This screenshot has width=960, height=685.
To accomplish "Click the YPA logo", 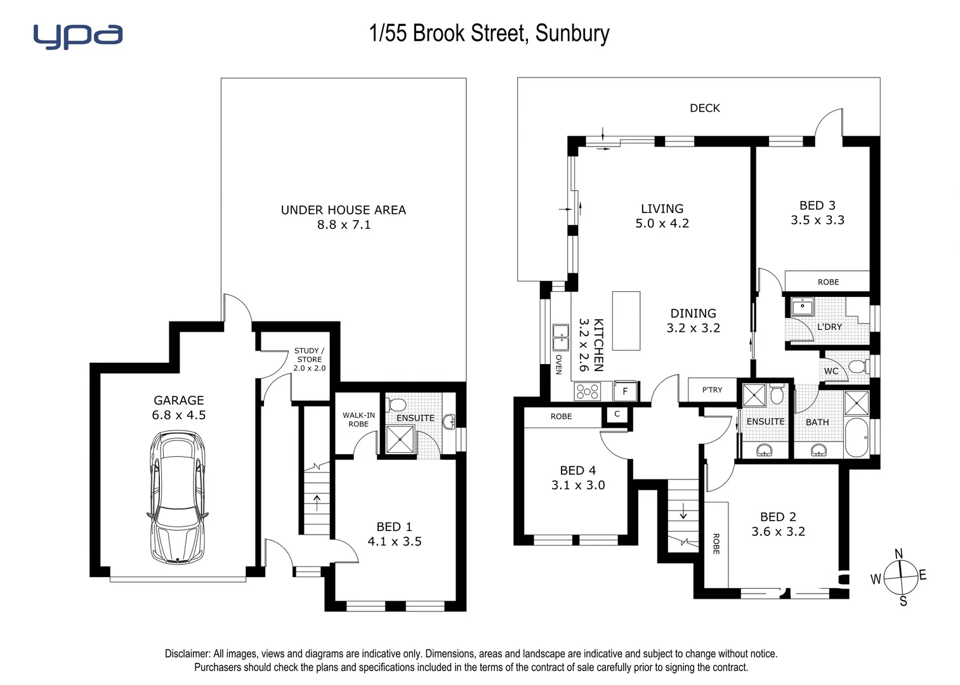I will [x=77, y=36].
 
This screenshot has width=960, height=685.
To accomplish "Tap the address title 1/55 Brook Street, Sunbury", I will [x=489, y=34].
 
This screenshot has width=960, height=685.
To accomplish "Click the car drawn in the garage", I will [x=178, y=497].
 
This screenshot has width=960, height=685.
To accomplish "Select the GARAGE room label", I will [x=178, y=400].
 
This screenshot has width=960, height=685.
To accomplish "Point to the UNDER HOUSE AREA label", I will [x=343, y=210].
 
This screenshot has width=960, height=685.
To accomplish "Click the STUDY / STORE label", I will [x=309, y=355].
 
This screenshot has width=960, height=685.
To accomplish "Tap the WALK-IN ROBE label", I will [x=358, y=419].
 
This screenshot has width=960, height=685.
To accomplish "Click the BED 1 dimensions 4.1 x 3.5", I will [x=394, y=542].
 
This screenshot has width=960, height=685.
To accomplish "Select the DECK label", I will [x=704, y=108].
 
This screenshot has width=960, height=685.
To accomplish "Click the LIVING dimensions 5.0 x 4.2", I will [x=662, y=223].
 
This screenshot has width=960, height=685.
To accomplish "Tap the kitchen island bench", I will [x=626, y=321].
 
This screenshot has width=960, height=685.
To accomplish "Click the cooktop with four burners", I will [x=587, y=391].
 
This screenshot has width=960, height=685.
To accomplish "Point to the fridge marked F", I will [x=625, y=391].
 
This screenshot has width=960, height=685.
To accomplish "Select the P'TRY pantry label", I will [x=712, y=389].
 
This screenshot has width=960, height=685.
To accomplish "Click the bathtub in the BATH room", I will [x=856, y=438].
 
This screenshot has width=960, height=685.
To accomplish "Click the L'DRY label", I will [x=829, y=327].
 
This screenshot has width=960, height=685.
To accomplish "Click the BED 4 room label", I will [x=577, y=471].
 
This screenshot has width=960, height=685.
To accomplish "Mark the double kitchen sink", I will [x=560, y=337].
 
